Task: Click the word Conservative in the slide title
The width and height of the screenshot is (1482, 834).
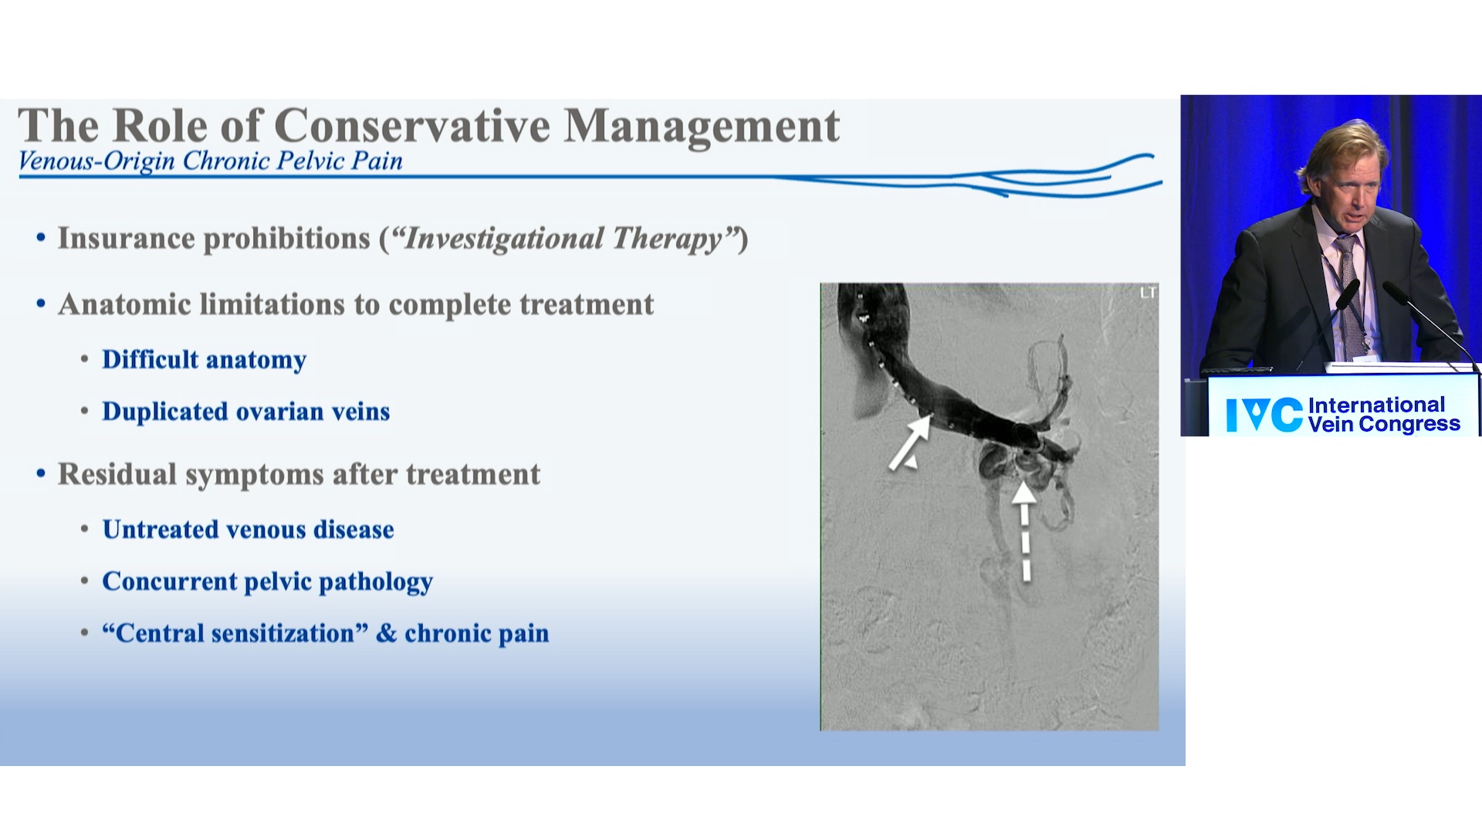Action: coord(412,126)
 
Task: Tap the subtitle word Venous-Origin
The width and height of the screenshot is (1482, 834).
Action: coord(96,161)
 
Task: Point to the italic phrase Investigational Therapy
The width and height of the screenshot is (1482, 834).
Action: coord(563,239)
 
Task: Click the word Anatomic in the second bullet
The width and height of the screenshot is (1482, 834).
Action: coord(124,304)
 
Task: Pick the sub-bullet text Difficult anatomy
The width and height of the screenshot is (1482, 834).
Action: coord(205,360)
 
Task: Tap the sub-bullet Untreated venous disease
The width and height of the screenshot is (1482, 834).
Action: coord(249,530)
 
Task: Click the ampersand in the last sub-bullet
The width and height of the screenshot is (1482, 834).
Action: coord(387,633)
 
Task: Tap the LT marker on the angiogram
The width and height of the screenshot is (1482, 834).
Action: coord(1148,293)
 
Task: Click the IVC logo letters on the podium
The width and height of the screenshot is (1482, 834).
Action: coord(1264,415)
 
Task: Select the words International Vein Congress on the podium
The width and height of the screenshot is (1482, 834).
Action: coord(1384,415)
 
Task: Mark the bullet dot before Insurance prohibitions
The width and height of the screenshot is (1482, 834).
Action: coord(41,239)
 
